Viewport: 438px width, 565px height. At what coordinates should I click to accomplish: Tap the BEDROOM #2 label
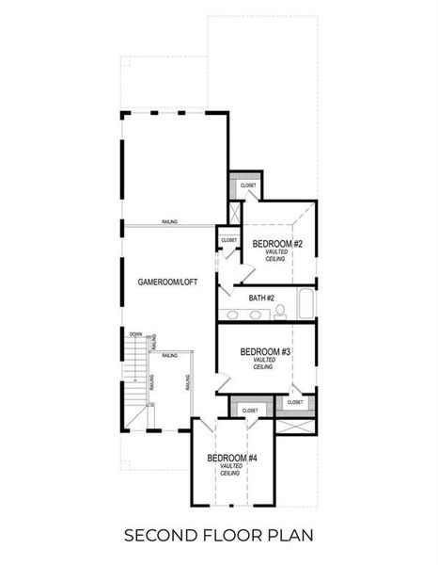point(277,244)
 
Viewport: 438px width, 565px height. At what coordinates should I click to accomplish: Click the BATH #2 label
point(261,299)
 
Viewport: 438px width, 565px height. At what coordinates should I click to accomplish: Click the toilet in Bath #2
point(280,310)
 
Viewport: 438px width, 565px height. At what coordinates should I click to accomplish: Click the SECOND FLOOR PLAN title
point(219,536)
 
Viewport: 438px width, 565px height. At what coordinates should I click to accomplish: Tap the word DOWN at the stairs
point(136,333)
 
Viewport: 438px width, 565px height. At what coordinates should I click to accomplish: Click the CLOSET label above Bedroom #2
point(248,186)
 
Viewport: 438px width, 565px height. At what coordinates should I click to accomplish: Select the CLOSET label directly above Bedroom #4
point(250,411)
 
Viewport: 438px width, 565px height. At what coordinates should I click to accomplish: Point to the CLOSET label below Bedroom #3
point(294,402)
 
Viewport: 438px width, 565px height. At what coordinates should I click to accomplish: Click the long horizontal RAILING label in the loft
point(169,222)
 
